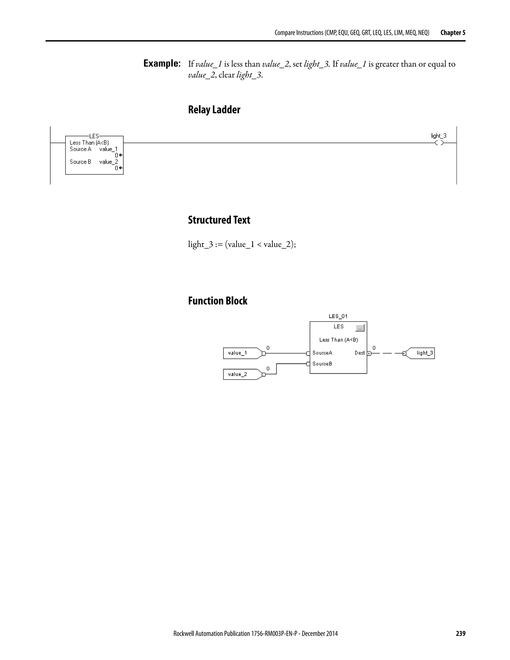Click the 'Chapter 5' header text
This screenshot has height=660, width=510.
tap(452, 33)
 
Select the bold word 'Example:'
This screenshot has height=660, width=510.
tap(162, 64)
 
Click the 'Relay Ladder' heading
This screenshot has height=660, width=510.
tap(214, 110)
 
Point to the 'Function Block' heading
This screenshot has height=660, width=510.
tap(218, 301)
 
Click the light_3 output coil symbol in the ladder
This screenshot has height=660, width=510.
tap(439, 143)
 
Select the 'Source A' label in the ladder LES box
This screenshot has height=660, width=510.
tap(80, 149)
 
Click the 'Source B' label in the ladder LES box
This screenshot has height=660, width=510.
tap(80, 162)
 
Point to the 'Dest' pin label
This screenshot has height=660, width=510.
tap(360, 353)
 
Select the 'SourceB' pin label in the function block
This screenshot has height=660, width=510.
tap(322, 364)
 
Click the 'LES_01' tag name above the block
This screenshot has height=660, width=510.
tap(338, 316)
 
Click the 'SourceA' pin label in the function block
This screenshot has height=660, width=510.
tap(322, 353)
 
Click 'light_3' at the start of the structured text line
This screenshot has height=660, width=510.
tap(200, 244)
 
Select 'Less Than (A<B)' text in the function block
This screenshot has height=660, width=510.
tap(338, 340)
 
